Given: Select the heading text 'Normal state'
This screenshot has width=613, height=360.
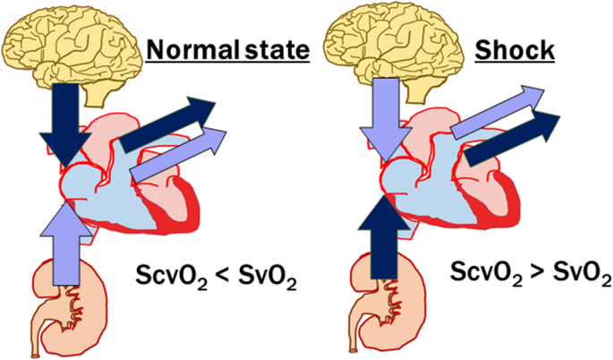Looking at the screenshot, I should click(x=228, y=50).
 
